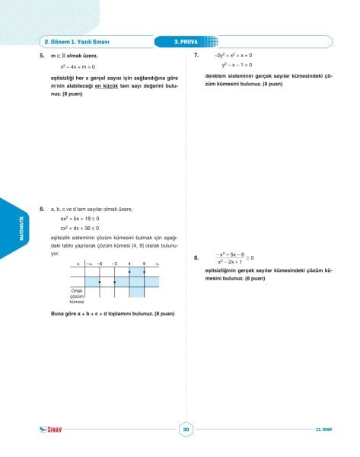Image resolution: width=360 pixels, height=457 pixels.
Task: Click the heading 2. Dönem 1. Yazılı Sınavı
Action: click(x=78, y=41)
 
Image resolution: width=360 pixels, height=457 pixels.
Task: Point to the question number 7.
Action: click(x=196, y=56)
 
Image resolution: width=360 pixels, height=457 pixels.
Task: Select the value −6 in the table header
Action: click(x=100, y=264)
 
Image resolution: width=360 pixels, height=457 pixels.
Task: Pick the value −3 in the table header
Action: click(x=114, y=264)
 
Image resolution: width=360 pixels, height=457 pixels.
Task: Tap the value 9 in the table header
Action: click(x=144, y=264)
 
